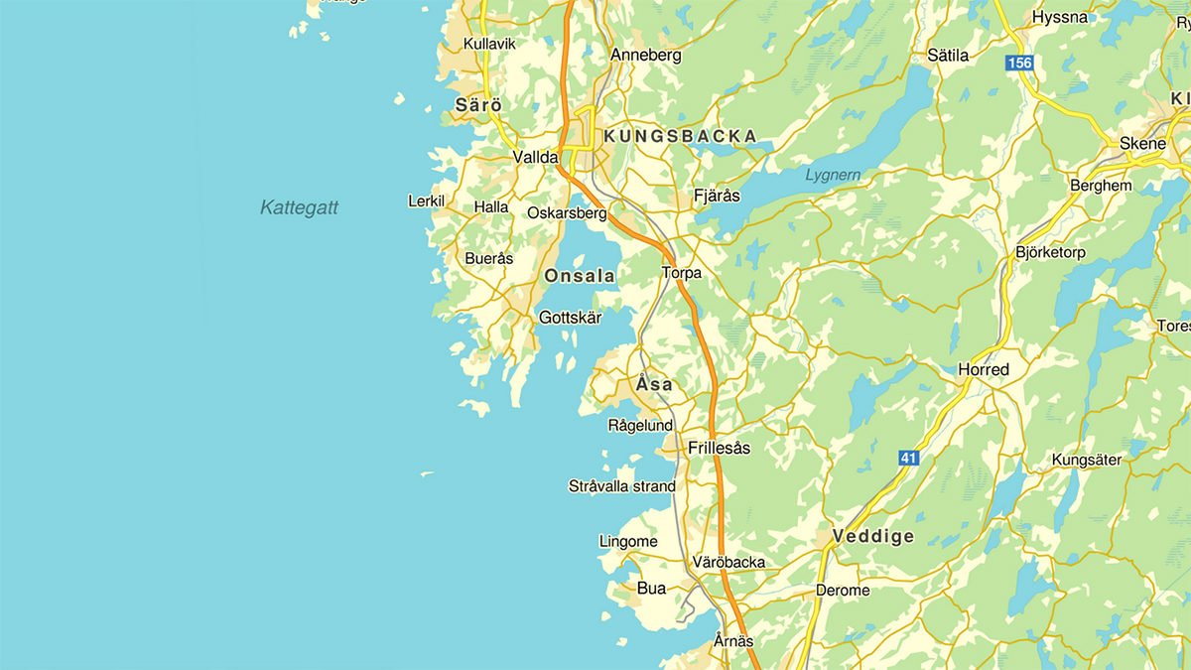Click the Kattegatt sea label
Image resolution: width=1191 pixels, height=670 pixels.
[x=299, y=207]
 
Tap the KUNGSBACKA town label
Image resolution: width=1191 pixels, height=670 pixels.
[x=680, y=136]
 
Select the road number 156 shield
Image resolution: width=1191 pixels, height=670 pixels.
[x=1018, y=63]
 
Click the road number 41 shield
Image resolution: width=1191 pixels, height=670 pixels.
[x=908, y=458]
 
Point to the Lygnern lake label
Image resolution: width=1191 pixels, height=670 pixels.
[x=833, y=176]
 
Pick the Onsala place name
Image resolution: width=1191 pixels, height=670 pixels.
[x=580, y=276]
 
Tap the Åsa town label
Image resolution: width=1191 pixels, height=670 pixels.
[x=654, y=384]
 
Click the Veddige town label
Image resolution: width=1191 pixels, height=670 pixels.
[x=873, y=536]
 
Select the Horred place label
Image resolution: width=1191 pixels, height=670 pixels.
[x=983, y=369]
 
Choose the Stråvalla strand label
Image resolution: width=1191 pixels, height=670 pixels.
[x=621, y=486]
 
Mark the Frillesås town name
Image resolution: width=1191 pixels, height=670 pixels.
[x=720, y=448]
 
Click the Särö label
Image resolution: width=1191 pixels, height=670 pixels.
[x=478, y=104]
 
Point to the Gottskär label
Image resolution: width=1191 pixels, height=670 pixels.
[x=570, y=318]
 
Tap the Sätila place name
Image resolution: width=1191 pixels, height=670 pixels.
[x=947, y=56]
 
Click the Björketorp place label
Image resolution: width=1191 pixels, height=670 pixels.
[x=1050, y=252]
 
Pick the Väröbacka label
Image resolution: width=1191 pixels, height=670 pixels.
[x=729, y=562]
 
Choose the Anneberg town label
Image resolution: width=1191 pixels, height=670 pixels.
[x=646, y=55]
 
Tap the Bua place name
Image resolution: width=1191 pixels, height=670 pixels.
[x=651, y=588]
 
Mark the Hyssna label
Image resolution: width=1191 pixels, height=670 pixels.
[x=1060, y=18]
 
